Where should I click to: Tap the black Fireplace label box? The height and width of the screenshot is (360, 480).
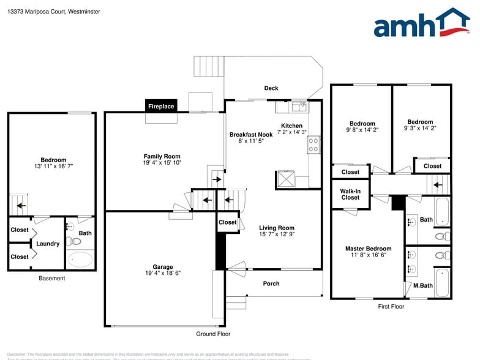coord(161,107)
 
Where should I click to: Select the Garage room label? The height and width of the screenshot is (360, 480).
coord(159,266)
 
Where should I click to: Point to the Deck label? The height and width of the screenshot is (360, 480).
coord(271,88)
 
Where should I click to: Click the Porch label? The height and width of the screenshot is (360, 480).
coord(271,283)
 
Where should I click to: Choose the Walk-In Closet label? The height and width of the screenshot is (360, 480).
coord(350,194)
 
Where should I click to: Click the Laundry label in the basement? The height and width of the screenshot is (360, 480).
coord(48,244)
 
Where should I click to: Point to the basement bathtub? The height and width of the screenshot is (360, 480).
coord(80,260)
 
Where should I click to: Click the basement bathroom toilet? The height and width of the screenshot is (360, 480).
coord(70,241)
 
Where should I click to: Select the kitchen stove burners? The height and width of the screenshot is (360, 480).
coord(313,144)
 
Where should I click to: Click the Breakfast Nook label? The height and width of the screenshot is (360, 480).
coord(251,135)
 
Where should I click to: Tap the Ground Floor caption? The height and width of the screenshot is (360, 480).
coord(213,334)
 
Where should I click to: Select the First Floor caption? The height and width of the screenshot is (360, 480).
coord(391,306)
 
